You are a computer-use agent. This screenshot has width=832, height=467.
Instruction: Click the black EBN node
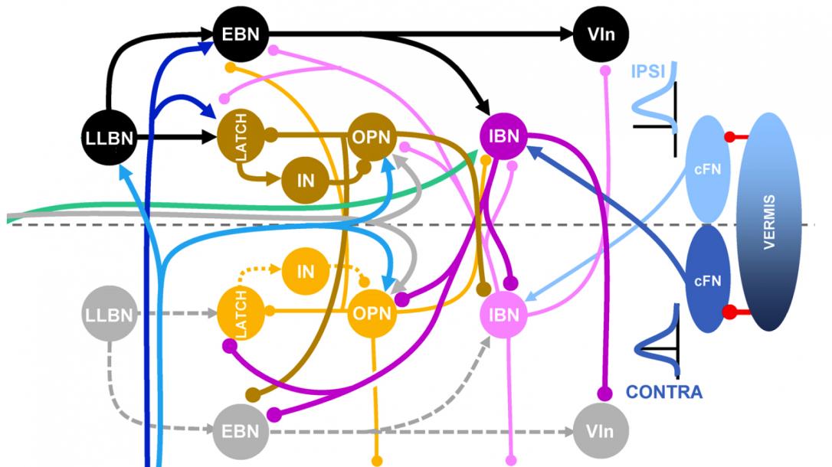240,34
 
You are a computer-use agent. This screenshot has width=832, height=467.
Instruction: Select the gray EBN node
241,431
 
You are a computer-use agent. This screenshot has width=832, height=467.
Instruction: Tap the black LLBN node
110,139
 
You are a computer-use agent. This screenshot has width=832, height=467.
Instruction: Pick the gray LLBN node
110,314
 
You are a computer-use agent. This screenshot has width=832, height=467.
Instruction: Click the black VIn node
600,34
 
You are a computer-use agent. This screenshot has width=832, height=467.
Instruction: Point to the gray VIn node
600,431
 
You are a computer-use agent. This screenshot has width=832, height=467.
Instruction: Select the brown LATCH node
240,139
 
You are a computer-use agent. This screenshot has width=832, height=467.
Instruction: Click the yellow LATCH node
240,312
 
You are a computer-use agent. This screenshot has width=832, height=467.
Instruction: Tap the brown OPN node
372,139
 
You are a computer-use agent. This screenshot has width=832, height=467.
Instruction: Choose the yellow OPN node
372,313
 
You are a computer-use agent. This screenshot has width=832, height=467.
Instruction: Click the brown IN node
305,181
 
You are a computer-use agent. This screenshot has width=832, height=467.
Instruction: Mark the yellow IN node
305,271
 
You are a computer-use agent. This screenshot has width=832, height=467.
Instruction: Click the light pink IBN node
503,315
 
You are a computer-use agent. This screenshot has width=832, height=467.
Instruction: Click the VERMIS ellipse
768,222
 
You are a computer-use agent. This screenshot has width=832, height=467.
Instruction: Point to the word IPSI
647,73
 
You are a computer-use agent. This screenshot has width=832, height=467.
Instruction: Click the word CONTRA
663,393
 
